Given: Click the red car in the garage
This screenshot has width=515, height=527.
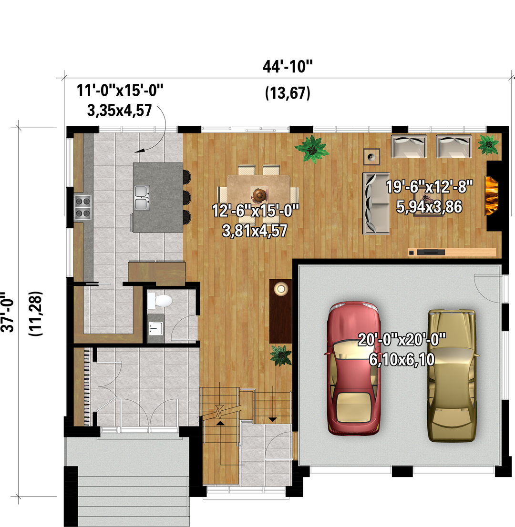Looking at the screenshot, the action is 354,368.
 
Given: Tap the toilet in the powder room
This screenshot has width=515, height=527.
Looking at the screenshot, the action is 160,301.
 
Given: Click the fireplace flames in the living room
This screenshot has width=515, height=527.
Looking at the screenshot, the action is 491,196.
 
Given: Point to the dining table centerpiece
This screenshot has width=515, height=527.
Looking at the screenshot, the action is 259,194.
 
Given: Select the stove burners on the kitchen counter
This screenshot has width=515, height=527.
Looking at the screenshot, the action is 83,207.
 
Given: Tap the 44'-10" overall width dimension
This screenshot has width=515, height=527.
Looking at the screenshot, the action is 288,67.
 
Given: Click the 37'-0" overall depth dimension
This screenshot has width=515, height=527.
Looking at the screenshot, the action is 8,313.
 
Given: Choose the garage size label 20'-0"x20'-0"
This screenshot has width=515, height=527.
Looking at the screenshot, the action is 402,339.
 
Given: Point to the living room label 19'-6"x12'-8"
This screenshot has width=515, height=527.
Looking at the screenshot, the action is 429,187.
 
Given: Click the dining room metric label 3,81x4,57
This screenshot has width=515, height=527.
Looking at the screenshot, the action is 255,231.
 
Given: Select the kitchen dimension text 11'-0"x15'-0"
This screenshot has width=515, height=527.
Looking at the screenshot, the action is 120,91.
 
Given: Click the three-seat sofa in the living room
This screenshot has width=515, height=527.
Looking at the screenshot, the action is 376,203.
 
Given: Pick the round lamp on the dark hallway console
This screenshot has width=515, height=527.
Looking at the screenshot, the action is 281,289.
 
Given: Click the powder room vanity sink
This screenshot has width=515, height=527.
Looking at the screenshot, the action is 155,328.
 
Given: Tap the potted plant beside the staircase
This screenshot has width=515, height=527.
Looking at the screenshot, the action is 281,355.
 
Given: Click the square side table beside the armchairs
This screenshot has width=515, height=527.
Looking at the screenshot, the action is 371,157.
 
